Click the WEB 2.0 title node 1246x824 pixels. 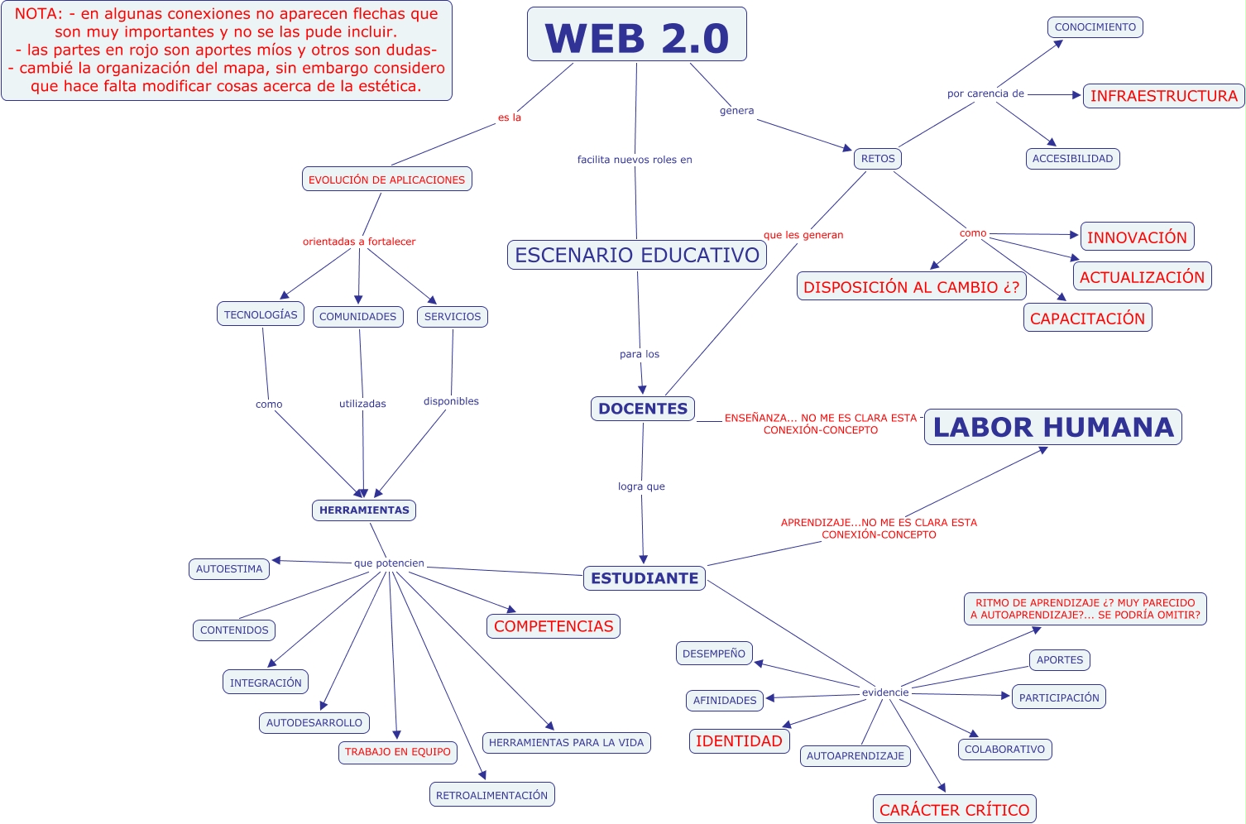[x=636, y=35]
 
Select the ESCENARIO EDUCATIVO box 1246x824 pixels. [x=636, y=255]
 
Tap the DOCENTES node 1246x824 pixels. [x=642, y=409]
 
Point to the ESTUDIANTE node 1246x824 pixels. [x=644, y=578]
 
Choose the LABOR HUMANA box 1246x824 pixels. [x=1052, y=427]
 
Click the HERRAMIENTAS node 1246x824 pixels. [x=364, y=510]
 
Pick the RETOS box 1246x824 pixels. [x=877, y=159]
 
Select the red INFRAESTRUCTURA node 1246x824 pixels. [x=1163, y=96]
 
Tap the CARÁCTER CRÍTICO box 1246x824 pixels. [x=954, y=810]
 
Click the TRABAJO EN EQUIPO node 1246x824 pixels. [x=397, y=752]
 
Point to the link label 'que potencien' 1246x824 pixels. [x=389, y=563]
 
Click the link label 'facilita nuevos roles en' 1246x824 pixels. [x=635, y=160]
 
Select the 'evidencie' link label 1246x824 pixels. [x=885, y=692]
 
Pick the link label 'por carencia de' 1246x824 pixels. [x=985, y=93]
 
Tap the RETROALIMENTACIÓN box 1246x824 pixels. [x=491, y=795]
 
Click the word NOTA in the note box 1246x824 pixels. [x=37, y=14]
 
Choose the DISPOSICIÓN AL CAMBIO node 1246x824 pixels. [x=911, y=287]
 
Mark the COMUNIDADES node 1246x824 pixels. [x=357, y=317]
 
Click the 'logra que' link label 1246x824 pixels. [x=641, y=486]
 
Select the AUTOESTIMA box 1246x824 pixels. [x=229, y=569]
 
